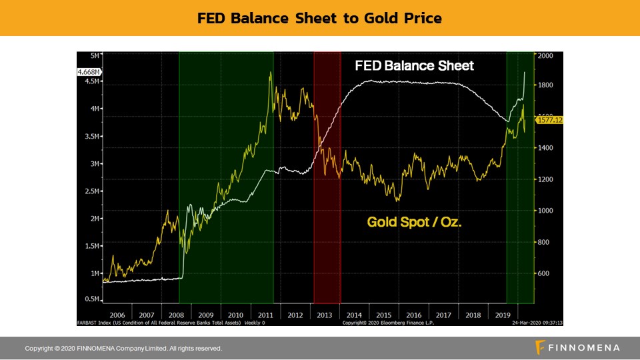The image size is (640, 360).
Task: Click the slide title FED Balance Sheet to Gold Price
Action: (319, 18)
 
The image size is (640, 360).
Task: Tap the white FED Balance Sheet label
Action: (414, 65)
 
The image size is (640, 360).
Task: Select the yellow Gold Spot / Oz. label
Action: (415, 221)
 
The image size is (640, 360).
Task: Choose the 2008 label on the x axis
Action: (177, 315)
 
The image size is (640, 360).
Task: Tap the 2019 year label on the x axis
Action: (503, 315)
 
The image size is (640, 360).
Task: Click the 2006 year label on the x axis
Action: (117, 315)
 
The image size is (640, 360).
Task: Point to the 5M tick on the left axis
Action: (95, 54)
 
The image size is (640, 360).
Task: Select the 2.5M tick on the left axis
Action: (93, 191)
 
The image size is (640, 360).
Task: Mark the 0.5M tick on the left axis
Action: (93, 299)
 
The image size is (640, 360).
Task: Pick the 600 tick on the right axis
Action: (544, 273)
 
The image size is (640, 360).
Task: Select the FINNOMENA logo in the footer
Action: (577, 347)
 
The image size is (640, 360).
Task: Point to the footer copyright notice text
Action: (123, 348)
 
